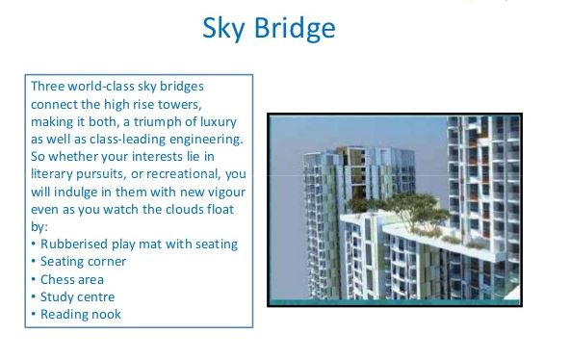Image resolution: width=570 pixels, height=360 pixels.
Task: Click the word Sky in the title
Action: (223, 29)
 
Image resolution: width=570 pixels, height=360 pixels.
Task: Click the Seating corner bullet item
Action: (83, 261)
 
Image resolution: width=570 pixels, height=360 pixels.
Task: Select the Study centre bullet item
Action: (77, 296)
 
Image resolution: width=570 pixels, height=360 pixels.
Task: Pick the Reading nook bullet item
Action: (80, 314)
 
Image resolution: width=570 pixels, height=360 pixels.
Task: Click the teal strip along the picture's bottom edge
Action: (394, 301)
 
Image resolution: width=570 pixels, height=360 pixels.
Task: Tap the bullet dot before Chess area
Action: (34, 279)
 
